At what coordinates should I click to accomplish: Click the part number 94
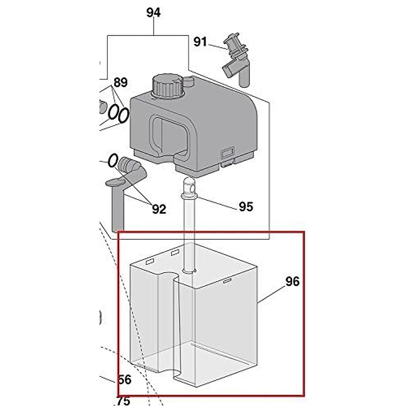[153, 13]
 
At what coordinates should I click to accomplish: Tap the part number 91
[200, 42]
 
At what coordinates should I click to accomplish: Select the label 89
[120, 82]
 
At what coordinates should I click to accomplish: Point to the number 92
[159, 209]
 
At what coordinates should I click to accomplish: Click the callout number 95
[246, 206]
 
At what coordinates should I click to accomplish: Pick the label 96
[293, 281]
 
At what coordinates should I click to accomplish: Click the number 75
[123, 401]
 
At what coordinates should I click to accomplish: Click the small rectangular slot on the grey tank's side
[227, 153]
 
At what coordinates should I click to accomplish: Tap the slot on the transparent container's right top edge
[227, 280]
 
